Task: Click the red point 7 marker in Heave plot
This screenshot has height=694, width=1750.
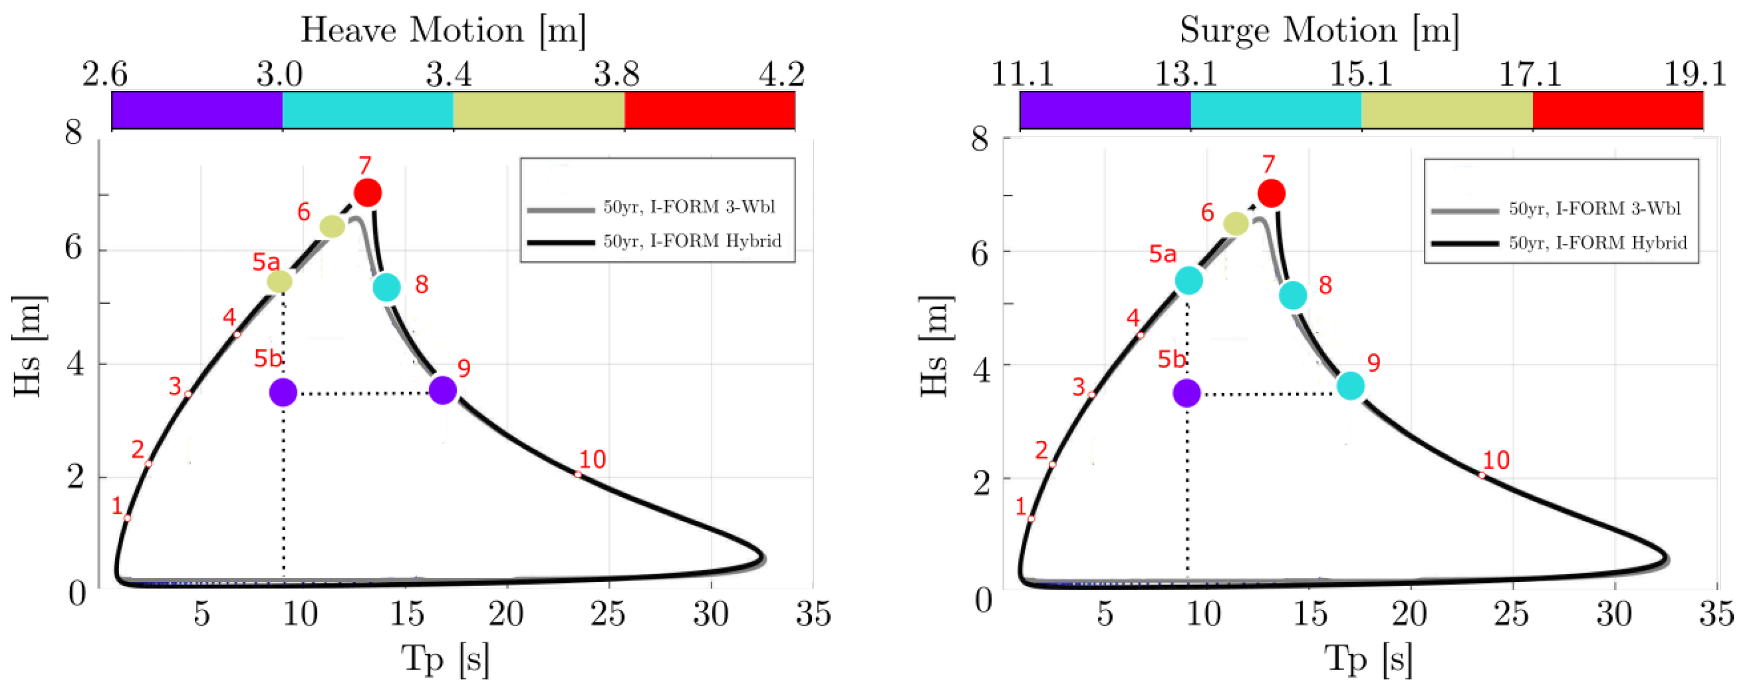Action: tap(367, 193)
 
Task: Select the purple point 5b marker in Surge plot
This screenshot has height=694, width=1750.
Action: tap(1187, 392)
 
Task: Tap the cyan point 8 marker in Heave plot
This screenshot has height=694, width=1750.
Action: tap(387, 288)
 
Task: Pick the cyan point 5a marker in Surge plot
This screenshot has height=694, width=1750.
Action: tap(1189, 281)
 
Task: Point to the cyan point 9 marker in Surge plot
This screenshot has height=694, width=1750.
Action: tap(1350, 385)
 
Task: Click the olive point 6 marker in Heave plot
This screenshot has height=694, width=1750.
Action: tap(332, 226)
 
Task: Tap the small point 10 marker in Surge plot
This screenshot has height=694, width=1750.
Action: tap(1482, 475)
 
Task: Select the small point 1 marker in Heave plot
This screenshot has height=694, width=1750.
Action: tap(127, 518)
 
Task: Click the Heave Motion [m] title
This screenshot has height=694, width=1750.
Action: tap(443, 30)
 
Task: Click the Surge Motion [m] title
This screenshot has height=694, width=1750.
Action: tap(1319, 30)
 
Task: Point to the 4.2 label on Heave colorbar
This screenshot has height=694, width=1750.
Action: tap(781, 73)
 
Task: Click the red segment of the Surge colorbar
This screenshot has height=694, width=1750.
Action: tap(1618, 110)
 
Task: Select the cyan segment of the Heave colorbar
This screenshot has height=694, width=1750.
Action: tap(367, 110)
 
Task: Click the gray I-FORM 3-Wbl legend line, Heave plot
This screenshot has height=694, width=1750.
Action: tap(561, 210)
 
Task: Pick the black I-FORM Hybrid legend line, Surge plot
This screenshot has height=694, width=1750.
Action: tap(1465, 243)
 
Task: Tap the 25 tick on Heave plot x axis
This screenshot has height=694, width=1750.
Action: tap(608, 615)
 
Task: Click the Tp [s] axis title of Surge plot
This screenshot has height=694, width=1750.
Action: tap(1368, 658)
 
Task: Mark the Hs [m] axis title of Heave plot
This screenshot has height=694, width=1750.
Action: tap(27, 346)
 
